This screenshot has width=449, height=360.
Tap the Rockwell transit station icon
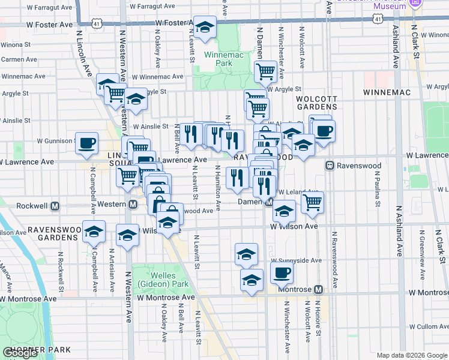55,205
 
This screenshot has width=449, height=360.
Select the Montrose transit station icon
318,289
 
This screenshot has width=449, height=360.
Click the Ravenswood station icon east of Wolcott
330,165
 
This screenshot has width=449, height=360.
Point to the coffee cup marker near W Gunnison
86,143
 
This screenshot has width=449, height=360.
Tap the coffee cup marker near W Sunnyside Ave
282,274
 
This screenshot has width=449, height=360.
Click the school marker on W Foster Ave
205,27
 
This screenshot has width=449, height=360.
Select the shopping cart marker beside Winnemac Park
265,71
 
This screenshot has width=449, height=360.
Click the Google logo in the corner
20,353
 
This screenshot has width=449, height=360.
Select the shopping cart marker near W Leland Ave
312,203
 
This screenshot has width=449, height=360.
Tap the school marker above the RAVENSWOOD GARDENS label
94,232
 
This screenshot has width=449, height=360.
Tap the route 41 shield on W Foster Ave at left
97,22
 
